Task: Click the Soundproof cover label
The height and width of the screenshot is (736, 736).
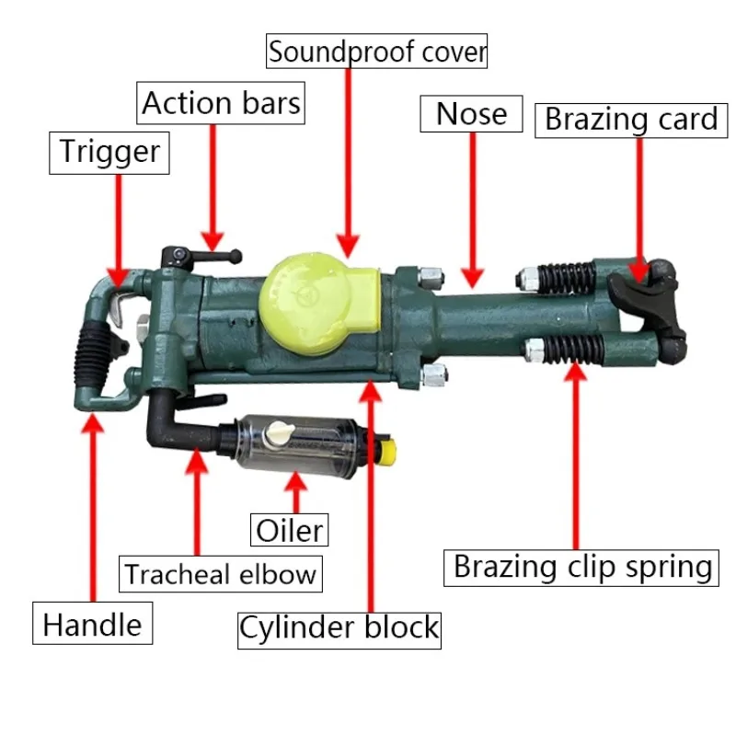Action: click(x=376, y=52)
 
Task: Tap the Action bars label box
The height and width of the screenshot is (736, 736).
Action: click(x=221, y=103)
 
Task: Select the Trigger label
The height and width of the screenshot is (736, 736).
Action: click(x=109, y=153)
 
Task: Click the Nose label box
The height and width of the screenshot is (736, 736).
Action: click(x=471, y=114)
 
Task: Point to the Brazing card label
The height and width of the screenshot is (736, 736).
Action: click(x=631, y=121)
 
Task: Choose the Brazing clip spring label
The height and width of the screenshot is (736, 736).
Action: click(x=581, y=568)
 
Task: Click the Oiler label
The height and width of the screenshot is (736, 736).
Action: click(x=289, y=530)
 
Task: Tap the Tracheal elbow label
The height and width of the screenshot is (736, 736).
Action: click(x=221, y=573)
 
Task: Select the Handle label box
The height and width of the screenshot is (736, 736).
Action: click(x=93, y=623)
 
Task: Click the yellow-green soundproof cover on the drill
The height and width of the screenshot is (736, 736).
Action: click(x=319, y=303)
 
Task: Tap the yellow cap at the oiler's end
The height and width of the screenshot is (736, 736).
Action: click(x=389, y=452)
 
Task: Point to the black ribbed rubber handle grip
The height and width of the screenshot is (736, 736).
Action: click(x=93, y=357)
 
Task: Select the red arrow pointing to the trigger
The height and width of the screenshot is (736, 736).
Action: click(x=119, y=231)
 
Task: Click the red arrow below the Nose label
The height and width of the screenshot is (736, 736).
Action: click(x=473, y=210)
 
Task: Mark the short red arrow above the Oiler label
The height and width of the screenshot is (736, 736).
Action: click(x=295, y=493)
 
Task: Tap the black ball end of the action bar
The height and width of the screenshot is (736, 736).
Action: click(x=236, y=257)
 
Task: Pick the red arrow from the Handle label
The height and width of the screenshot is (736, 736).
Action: click(x=93, y=508)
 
